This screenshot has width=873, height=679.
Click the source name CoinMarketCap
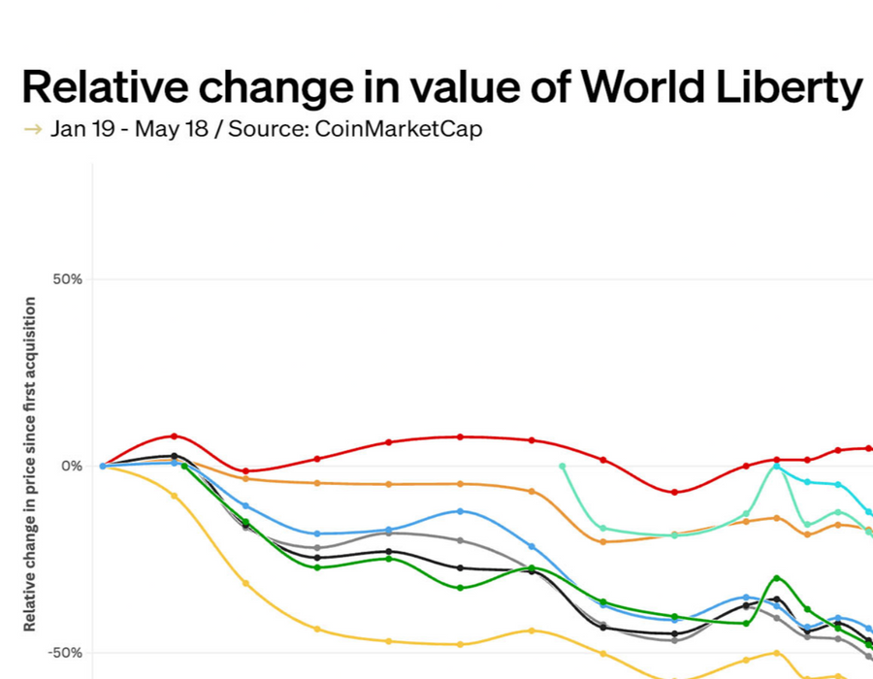click(x=398, y=129)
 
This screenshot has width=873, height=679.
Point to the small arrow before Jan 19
click(x=32, y=129)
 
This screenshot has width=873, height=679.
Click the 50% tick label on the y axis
click(x=67, y=279)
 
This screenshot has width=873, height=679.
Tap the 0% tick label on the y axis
click(x=72, y=466)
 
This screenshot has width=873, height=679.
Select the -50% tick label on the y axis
click(x=65, y=652)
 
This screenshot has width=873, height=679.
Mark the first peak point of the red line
click(x=175, y=436)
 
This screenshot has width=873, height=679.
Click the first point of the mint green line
click(x=563, y=466)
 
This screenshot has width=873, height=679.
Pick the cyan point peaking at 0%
click(x=776, y=466)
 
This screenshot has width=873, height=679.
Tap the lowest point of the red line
click(x=675, y=492)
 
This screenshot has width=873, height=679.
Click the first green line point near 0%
click(x=184, y=467)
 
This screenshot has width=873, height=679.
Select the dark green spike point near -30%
click(x=776, y=578)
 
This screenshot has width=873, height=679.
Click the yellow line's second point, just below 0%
click(x=175, y=496)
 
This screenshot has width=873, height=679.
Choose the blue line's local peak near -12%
click(x=460, y=511)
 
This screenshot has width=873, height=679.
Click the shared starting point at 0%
click(x=103, y=466)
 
